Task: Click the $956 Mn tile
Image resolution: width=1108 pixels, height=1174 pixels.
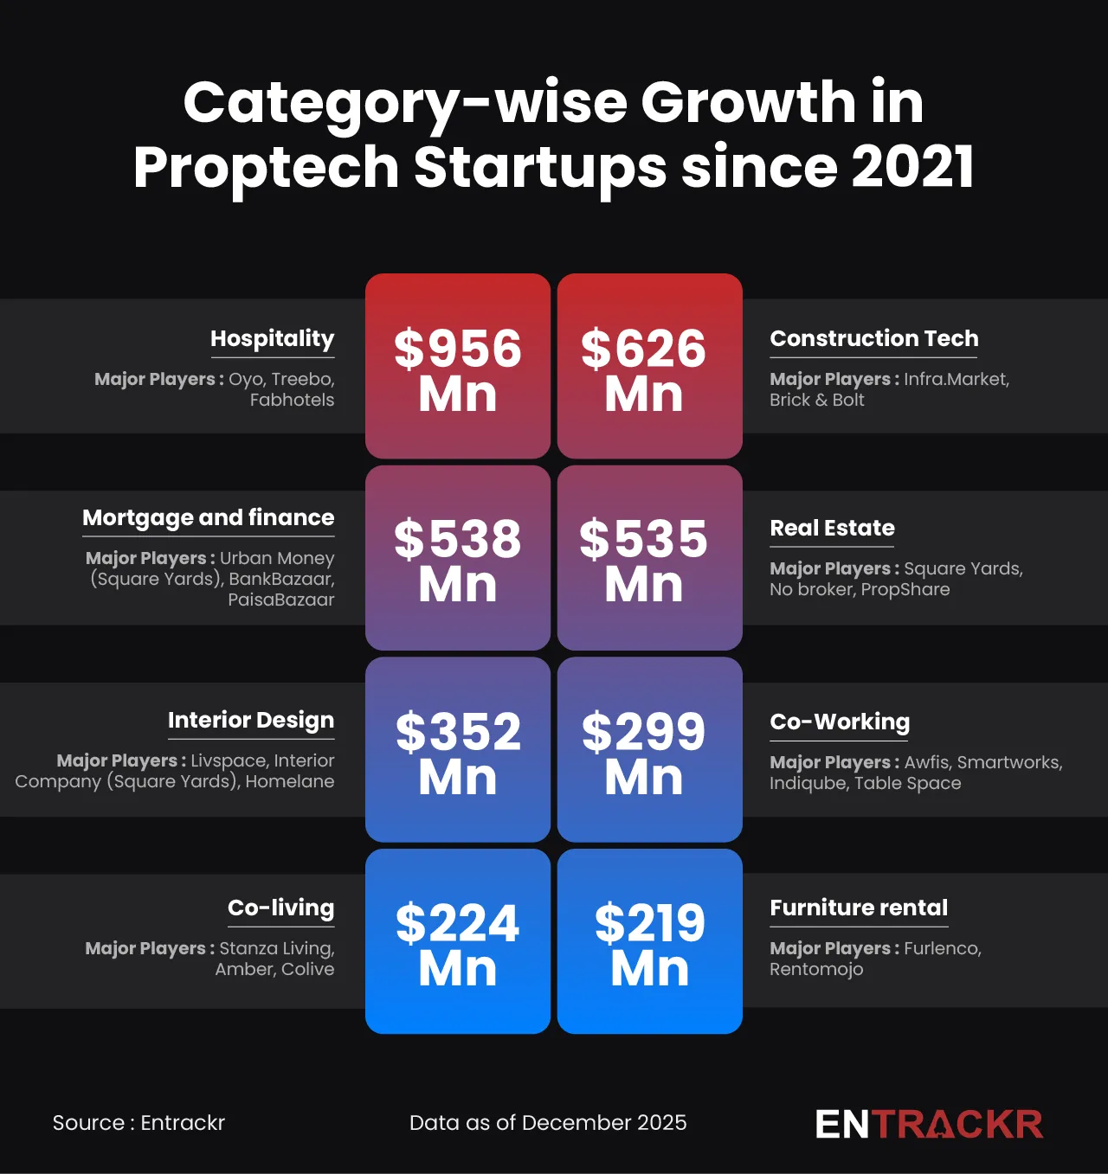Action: [458, 367]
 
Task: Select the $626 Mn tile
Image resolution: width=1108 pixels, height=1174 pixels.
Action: [649, 367]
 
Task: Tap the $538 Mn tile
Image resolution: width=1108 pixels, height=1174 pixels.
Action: [458, 558]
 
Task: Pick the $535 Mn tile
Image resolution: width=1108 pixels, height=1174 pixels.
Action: [649, 558]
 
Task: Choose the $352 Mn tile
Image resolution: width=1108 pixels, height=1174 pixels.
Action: [458, 750]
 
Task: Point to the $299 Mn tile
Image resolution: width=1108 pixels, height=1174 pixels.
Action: [649, 750]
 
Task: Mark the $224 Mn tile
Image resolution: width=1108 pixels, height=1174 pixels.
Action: [458, 941]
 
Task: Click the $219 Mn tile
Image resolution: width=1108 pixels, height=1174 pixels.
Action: [649, 941]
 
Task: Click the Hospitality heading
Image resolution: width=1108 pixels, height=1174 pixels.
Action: [272, 338]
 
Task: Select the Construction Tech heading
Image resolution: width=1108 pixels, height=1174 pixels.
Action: [874, 338]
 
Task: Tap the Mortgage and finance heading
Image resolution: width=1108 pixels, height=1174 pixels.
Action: [208, 517]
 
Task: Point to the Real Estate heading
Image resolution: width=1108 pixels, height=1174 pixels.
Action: [833, 528]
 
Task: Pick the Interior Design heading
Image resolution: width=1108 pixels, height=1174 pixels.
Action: [251, 720]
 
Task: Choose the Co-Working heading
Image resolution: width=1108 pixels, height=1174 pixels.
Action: [840, 722]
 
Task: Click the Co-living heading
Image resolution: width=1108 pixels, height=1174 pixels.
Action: [280, 908]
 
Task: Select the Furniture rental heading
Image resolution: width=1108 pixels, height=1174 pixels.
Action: [859, 908]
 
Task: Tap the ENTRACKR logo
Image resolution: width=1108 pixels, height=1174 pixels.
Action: [929, 1124]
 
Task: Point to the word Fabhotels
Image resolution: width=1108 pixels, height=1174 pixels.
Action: [292, 400]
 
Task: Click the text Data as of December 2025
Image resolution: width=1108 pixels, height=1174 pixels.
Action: [548, 1123]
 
